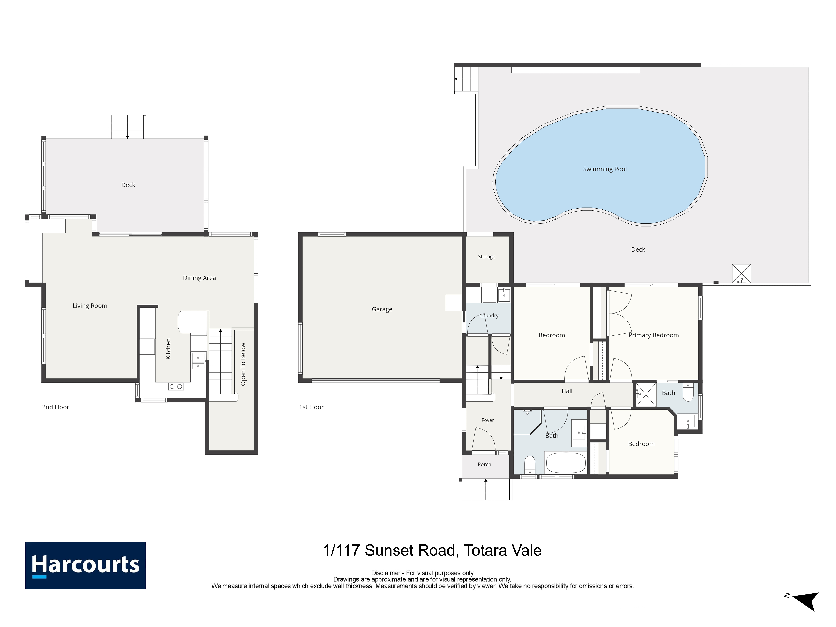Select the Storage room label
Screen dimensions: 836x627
486,257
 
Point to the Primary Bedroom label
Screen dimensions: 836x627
654,335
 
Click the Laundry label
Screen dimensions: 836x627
489,316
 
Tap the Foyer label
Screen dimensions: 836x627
488,420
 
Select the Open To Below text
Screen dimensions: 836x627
243,364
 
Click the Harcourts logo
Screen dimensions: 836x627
85,565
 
